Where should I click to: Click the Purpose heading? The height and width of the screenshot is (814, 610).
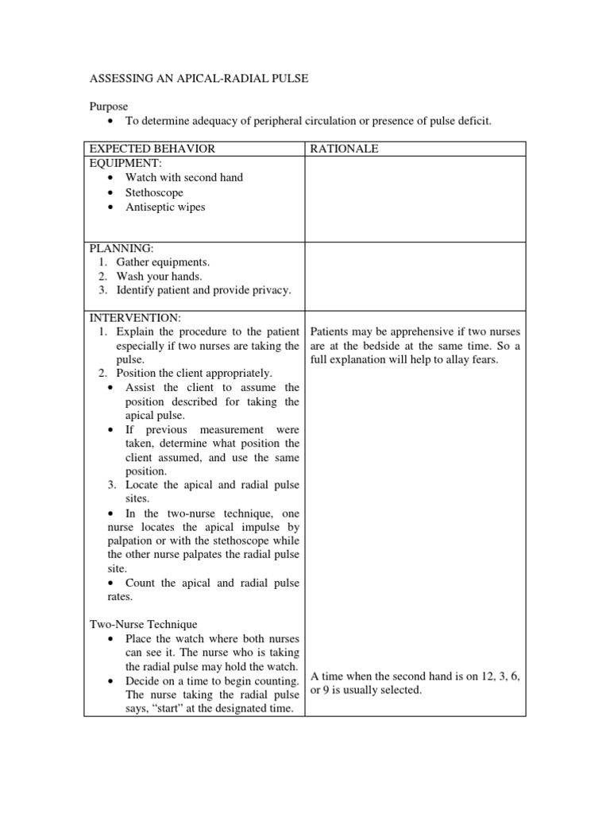click(107, 106)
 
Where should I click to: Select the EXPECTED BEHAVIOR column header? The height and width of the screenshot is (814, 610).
click(152, 149)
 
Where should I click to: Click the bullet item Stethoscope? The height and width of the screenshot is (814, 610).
click(154, 192)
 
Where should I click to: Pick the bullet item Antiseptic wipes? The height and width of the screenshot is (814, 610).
click(165, 207)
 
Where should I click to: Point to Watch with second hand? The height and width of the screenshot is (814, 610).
click(184, 177)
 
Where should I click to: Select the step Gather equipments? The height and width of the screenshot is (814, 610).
click(163, 262)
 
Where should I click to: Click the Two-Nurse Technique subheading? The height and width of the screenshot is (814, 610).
click(142, 625)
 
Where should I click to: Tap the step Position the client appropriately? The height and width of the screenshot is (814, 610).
click(194, 373)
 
